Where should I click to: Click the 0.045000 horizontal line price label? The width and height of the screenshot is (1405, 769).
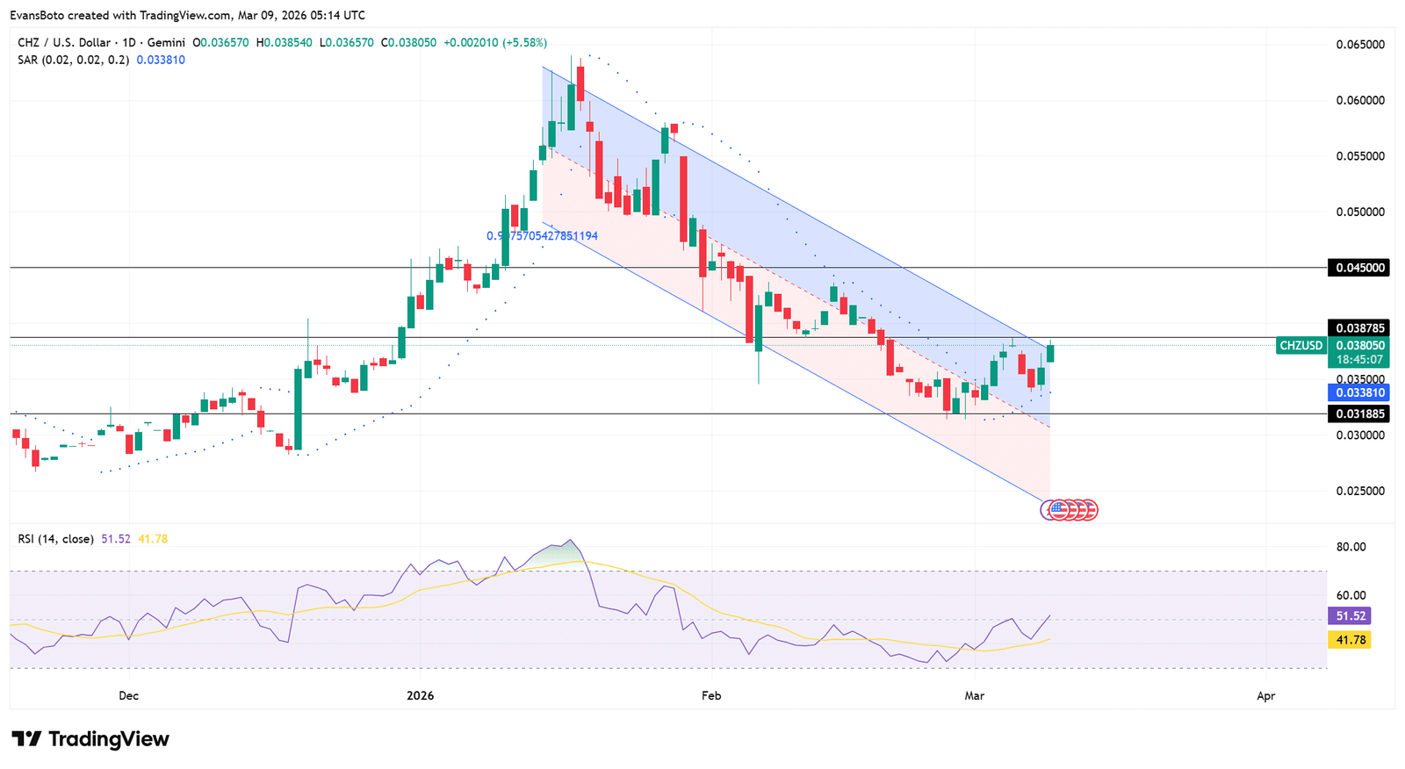[x=1358, y=268]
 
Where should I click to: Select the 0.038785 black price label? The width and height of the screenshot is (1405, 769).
[x=1358, y=328]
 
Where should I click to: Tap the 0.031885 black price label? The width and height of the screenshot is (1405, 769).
[x=1358, y=413]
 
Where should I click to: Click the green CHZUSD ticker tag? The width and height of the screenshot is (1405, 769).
[x=1301, y=346]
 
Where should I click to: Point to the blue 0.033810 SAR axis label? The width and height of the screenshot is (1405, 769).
[x=1358, y=392]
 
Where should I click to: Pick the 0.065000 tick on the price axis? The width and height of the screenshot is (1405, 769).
[x=1359, y=45]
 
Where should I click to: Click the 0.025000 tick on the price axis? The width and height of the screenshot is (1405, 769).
[x=1359, y=491]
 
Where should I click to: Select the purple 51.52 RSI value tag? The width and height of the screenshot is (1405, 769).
[x=1350, y=616]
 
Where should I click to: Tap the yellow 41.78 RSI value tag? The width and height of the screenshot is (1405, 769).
[x=1350, y=640]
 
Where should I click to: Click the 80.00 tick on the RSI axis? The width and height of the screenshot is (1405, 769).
[x=1351, y=547]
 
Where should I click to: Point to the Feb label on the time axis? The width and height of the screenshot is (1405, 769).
[x=711, y=696]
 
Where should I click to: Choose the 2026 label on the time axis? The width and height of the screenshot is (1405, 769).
[x=421, y=696]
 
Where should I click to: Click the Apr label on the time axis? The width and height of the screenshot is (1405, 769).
[x=1265, y=696]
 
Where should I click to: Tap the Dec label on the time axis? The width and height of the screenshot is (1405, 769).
[x=128, y=696]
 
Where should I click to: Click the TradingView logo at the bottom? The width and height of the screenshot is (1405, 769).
[x=90, y=739]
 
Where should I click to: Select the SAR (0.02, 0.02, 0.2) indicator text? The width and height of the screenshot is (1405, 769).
[x=74, y=60]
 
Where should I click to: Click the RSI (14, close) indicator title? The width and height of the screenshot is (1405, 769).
[x=55, y=539]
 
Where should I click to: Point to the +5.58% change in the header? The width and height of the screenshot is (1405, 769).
[x=524, y=42]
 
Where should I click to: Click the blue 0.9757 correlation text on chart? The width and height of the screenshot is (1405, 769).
[x=542, y=236]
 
